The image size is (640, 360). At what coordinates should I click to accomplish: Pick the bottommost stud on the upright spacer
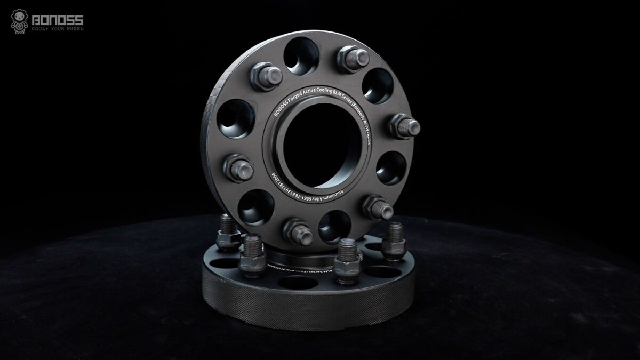[x=296, y=230]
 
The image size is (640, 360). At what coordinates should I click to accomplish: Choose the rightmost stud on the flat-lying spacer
[x=395, y=235]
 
